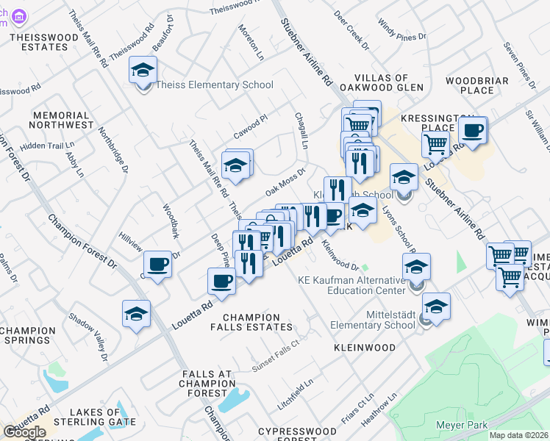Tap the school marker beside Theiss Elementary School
click(x=143, y=71)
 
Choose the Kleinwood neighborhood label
click(x=365, y=347)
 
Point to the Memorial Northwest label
click(x=63, y=120)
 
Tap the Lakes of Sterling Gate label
click(x=104, y=419)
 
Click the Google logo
click(x=24, y=432)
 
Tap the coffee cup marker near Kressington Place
click(x=472, y=132)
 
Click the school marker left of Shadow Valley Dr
click(x=136, y=314)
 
